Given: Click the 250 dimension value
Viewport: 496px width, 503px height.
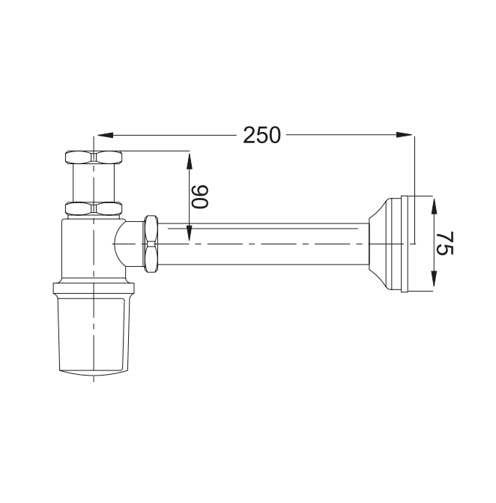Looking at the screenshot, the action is pyautogui.click(x=261, y=135).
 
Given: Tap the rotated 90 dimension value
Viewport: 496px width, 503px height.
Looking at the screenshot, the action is pyautogui.click(x=200, y=196).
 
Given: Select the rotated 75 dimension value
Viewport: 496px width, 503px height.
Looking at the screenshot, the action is pyautogui.click(x=445, y=243).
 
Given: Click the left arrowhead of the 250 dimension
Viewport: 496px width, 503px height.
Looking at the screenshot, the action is pyautogui.click(x=106, y=135).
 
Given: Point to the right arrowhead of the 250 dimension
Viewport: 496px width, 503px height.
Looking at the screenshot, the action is pyautogui.click(x=404, y=135).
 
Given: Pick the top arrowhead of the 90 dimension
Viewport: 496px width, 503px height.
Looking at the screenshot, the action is pyautogui.click(x=190, y=161).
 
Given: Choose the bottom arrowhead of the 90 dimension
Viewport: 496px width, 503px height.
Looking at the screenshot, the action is pyautogui.click(x=190, y=233).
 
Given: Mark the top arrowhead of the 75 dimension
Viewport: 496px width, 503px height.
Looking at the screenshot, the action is pyautogui.click(x=434, y=206).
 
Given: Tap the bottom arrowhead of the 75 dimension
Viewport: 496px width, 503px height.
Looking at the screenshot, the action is pyautogui.click(x=434, y=278).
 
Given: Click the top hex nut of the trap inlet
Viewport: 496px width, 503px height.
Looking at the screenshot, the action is pyautogui.click(x=94, y=157).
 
